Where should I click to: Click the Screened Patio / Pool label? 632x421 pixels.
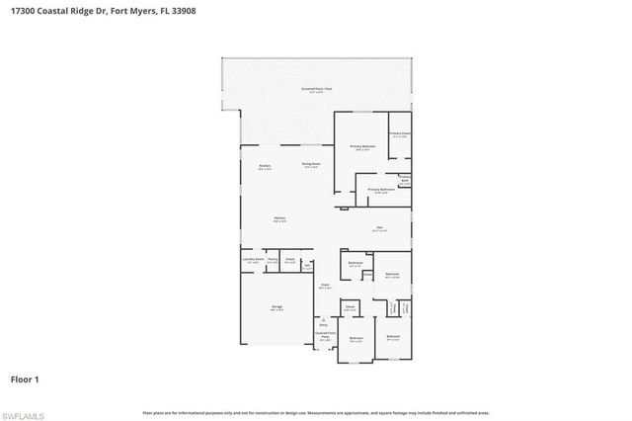point(315,90)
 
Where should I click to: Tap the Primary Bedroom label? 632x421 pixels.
point(361,147)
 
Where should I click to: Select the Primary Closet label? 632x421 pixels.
point(400,134)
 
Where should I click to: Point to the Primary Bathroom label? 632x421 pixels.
point(381,190)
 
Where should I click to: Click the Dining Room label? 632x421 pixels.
point(311,164)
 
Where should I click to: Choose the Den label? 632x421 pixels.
point(378,227)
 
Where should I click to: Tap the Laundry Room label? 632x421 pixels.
point(254,261)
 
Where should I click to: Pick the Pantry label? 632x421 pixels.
point(272,261)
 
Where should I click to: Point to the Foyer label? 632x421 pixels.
point(323,285)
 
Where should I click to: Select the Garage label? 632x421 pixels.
point(277,307)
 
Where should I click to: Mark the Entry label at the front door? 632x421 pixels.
point(322,324)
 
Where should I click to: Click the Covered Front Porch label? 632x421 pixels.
point(323,336)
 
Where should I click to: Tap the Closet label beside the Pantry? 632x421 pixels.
point(289,261)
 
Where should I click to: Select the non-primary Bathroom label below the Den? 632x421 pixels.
point(355,263)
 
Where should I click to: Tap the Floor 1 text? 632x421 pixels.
point(24,379)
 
